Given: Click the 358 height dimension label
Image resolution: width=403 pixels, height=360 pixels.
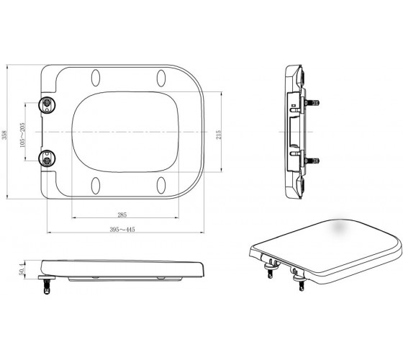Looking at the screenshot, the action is point(4,135).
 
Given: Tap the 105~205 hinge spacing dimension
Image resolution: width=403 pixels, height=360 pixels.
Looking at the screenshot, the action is point(22,135).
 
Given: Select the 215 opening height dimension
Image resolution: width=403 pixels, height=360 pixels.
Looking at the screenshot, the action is point(219,135).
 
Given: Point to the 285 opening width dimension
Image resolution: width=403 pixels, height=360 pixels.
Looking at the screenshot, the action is point(122,215).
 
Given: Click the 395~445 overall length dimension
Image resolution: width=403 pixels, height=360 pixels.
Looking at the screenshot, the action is point(122,230).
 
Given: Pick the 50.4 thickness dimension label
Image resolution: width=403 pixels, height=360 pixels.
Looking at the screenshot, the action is point(22,269).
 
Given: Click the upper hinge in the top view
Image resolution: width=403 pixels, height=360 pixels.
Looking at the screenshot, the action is point(47,105).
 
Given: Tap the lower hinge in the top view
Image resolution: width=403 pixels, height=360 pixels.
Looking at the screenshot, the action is point(47,159).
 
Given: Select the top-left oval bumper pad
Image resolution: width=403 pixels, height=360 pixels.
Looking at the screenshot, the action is point(96,78).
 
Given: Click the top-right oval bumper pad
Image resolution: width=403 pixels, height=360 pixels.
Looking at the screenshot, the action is point(161,78).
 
